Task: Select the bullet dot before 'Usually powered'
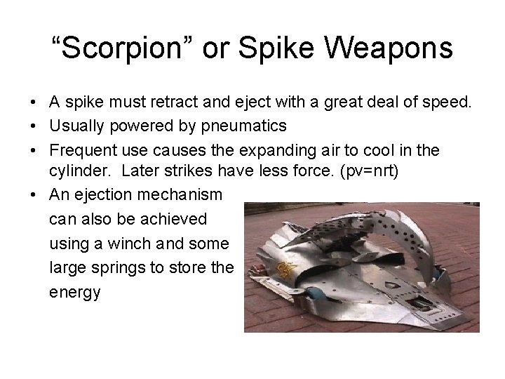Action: point(34,126)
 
